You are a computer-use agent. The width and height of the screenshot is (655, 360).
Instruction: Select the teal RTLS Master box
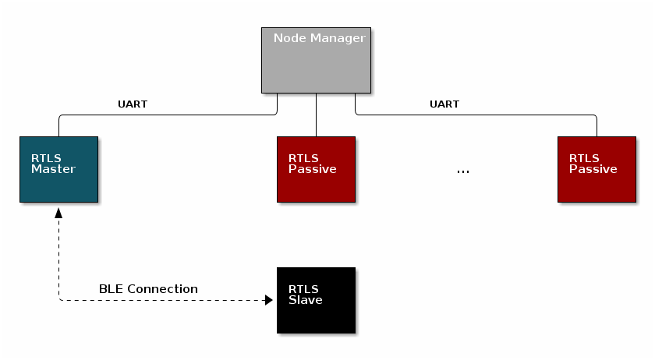[58, 169]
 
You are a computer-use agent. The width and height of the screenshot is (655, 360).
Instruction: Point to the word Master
[53, 169]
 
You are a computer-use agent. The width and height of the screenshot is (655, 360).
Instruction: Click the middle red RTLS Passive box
[316, 169]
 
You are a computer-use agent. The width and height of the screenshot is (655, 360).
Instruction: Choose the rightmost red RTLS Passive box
[597, 169]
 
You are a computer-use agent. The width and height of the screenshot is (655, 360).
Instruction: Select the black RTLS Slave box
[316, 300]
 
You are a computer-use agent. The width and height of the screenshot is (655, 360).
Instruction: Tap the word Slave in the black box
[305, 300]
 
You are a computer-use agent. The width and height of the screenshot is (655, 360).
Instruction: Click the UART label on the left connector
[132, 104]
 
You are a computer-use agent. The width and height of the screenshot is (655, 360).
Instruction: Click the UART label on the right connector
[444, 104]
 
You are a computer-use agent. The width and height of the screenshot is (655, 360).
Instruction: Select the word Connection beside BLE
[162, 289]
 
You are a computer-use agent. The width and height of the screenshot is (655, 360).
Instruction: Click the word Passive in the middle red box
[312, 169]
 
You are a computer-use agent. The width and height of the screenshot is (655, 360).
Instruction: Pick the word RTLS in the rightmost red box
[584, 158]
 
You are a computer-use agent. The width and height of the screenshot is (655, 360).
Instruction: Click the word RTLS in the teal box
[46, 158]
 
